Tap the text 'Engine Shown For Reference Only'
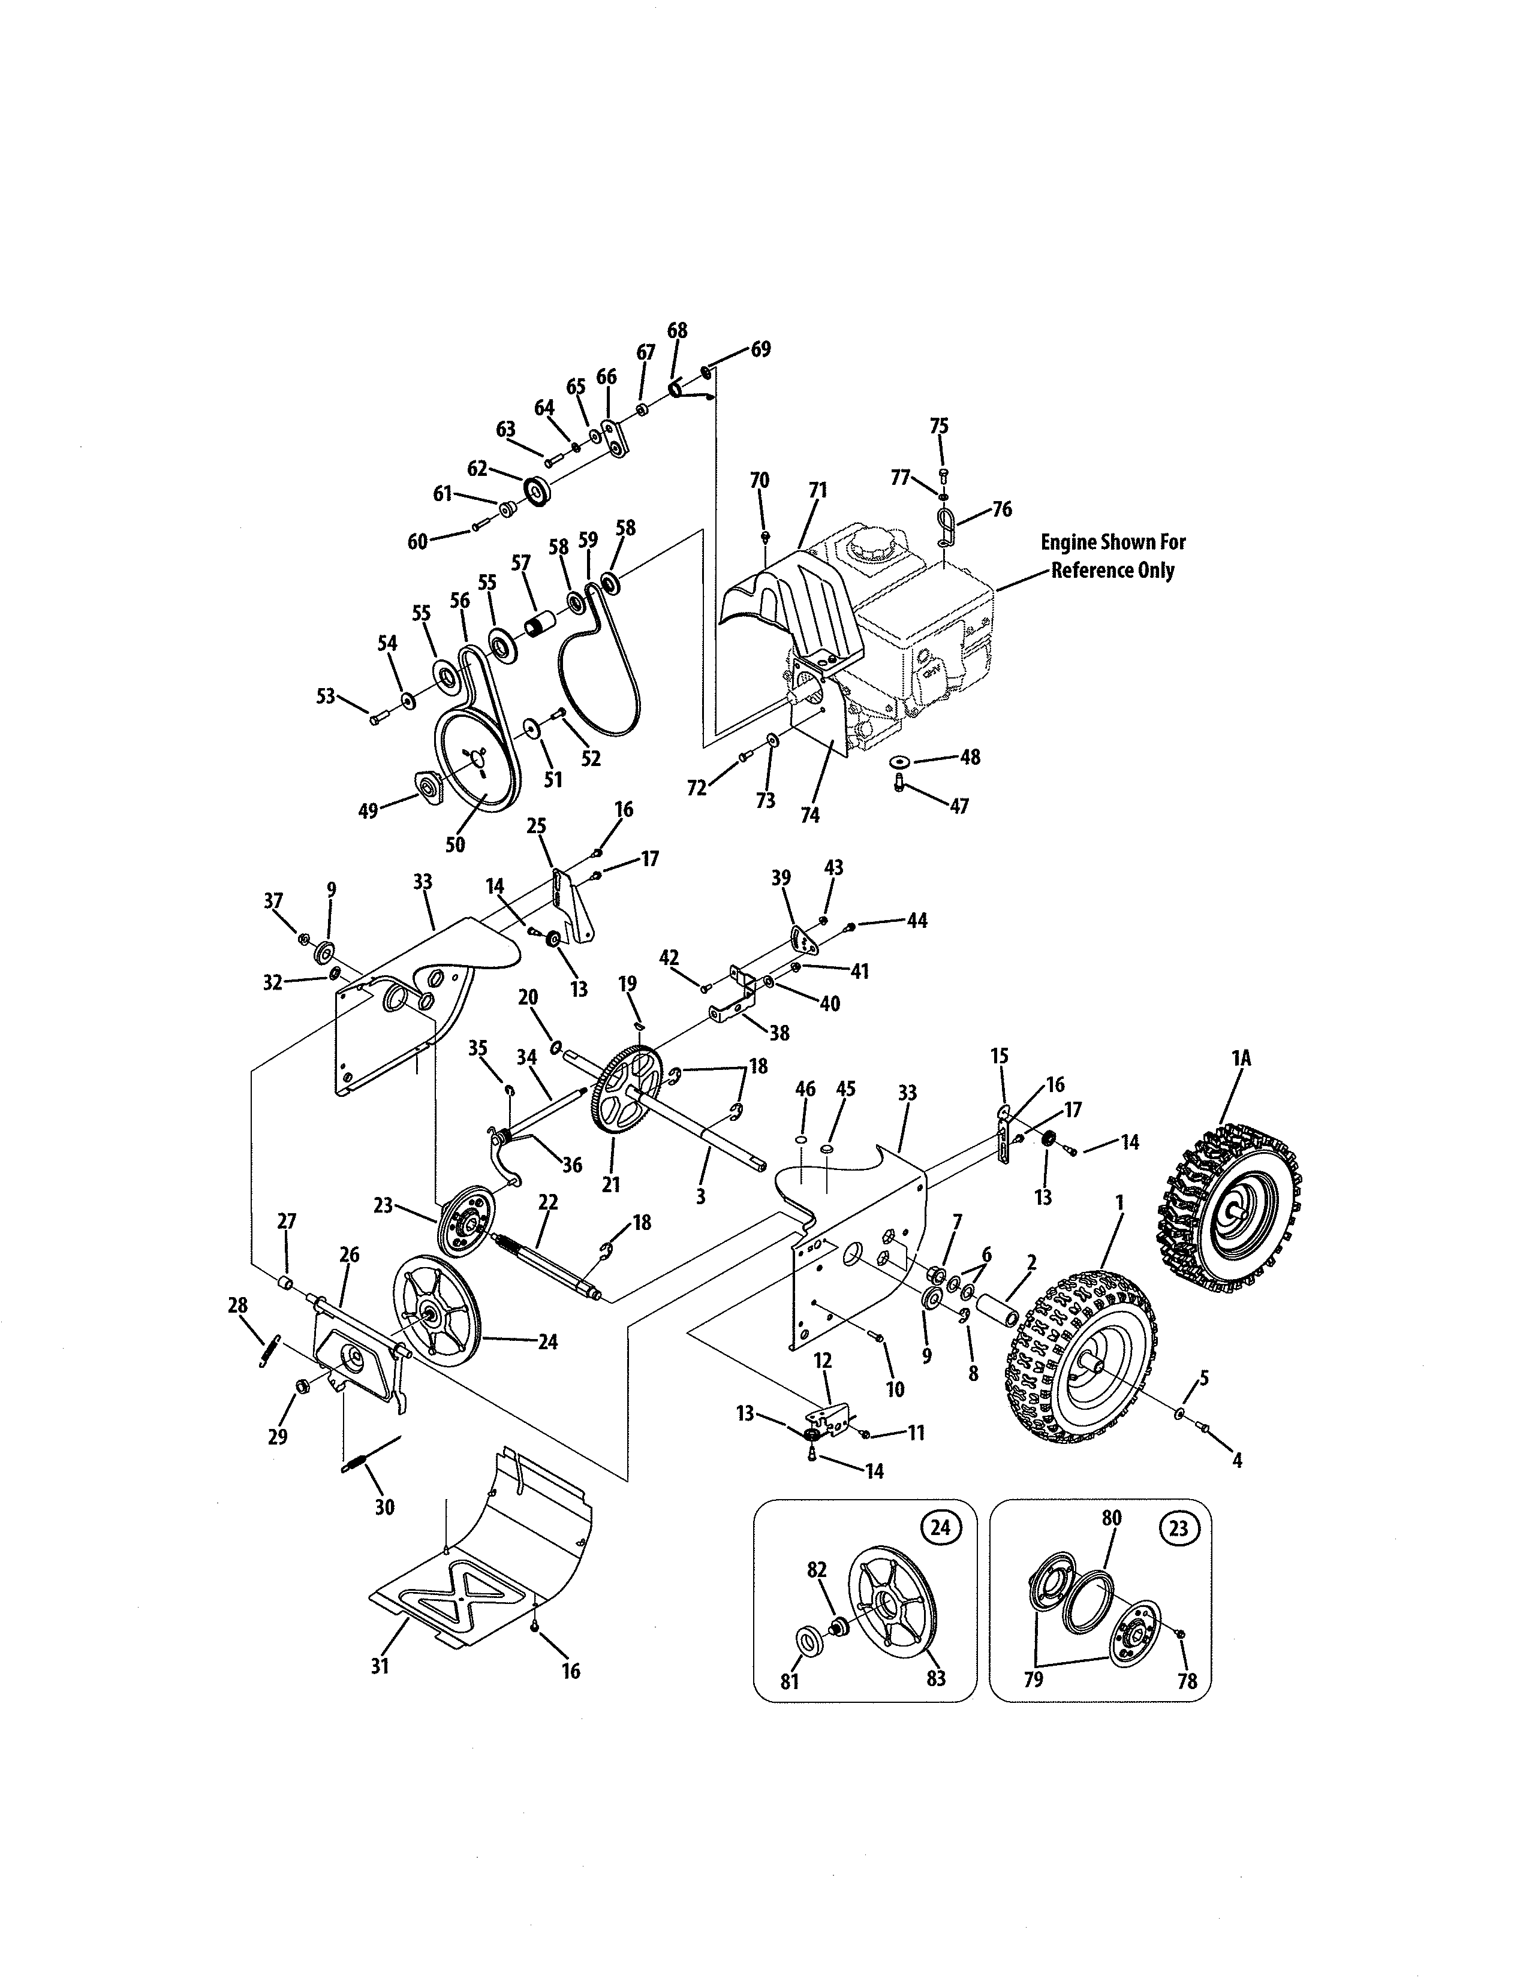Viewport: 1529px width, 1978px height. [1112, 556]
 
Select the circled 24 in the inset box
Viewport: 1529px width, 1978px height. [940, 1528]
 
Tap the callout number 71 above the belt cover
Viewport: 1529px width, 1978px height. [817, 490]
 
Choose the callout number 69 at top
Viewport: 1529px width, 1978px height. [761, 349]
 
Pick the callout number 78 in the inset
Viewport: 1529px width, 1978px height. [1187, 1681]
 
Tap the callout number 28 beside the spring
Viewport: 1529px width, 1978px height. [237, 1305]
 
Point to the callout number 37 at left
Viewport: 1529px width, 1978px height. [273, 900]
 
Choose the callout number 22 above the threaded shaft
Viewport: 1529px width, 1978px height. [548, 1202]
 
